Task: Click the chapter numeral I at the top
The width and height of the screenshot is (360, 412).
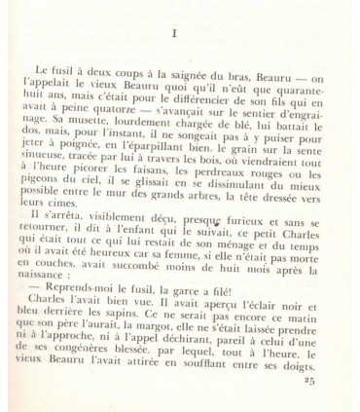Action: click(x=172, y=33)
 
